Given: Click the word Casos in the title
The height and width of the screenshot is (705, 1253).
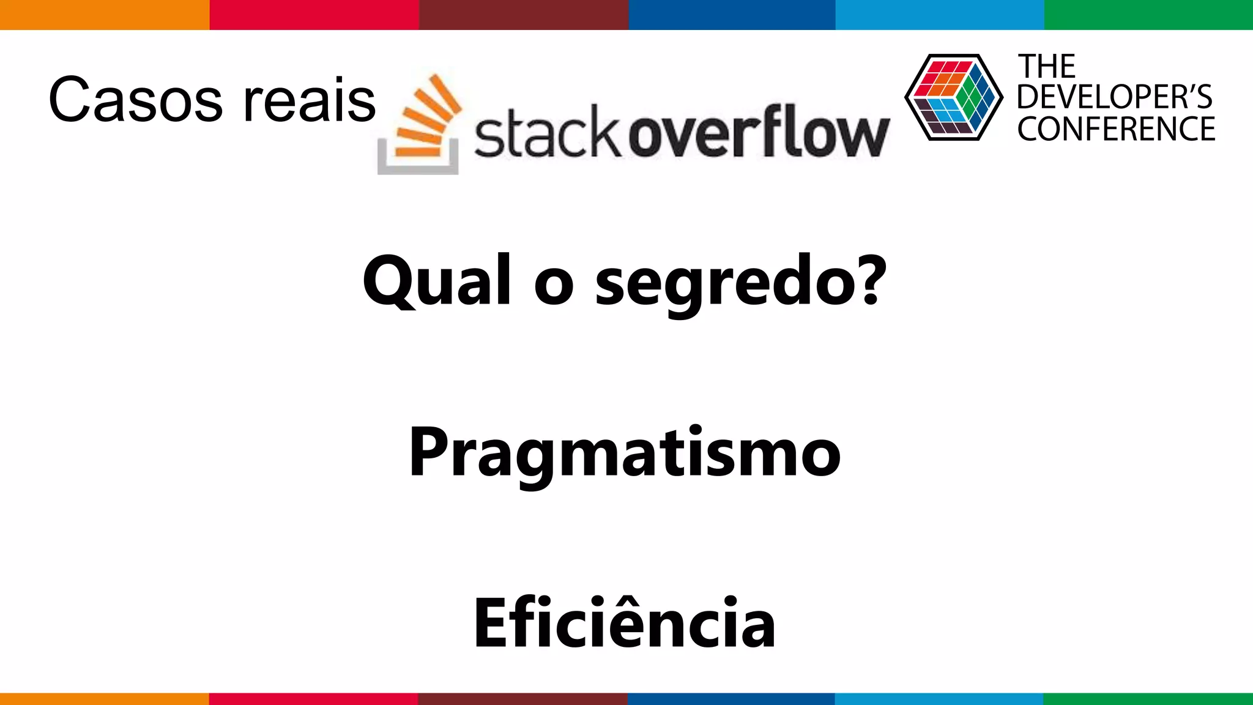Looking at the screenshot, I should point(135,100).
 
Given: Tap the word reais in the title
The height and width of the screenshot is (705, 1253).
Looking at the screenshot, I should point(309,100).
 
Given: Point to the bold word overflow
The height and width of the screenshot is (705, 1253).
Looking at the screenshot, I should point(759,131).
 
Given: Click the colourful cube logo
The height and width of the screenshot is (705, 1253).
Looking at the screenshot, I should point(953,97).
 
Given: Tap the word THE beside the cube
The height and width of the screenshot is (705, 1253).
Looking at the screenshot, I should point(1046,67).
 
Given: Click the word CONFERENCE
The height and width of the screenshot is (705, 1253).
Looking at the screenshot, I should point(1116,129).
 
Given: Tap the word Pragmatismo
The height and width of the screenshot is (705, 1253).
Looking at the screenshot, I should point(625,453).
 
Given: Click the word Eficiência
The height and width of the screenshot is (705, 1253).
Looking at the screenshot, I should point(625,623).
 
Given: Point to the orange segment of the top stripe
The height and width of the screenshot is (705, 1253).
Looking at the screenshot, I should point(104,15).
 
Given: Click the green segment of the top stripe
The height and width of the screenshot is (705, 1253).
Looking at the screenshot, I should point(1148,15).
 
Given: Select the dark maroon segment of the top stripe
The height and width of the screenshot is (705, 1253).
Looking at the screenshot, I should point(523,15).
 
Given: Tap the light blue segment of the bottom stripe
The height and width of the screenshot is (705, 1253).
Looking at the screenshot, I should point(939,699).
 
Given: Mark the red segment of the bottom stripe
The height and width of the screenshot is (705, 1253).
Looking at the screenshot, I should point(313,699).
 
